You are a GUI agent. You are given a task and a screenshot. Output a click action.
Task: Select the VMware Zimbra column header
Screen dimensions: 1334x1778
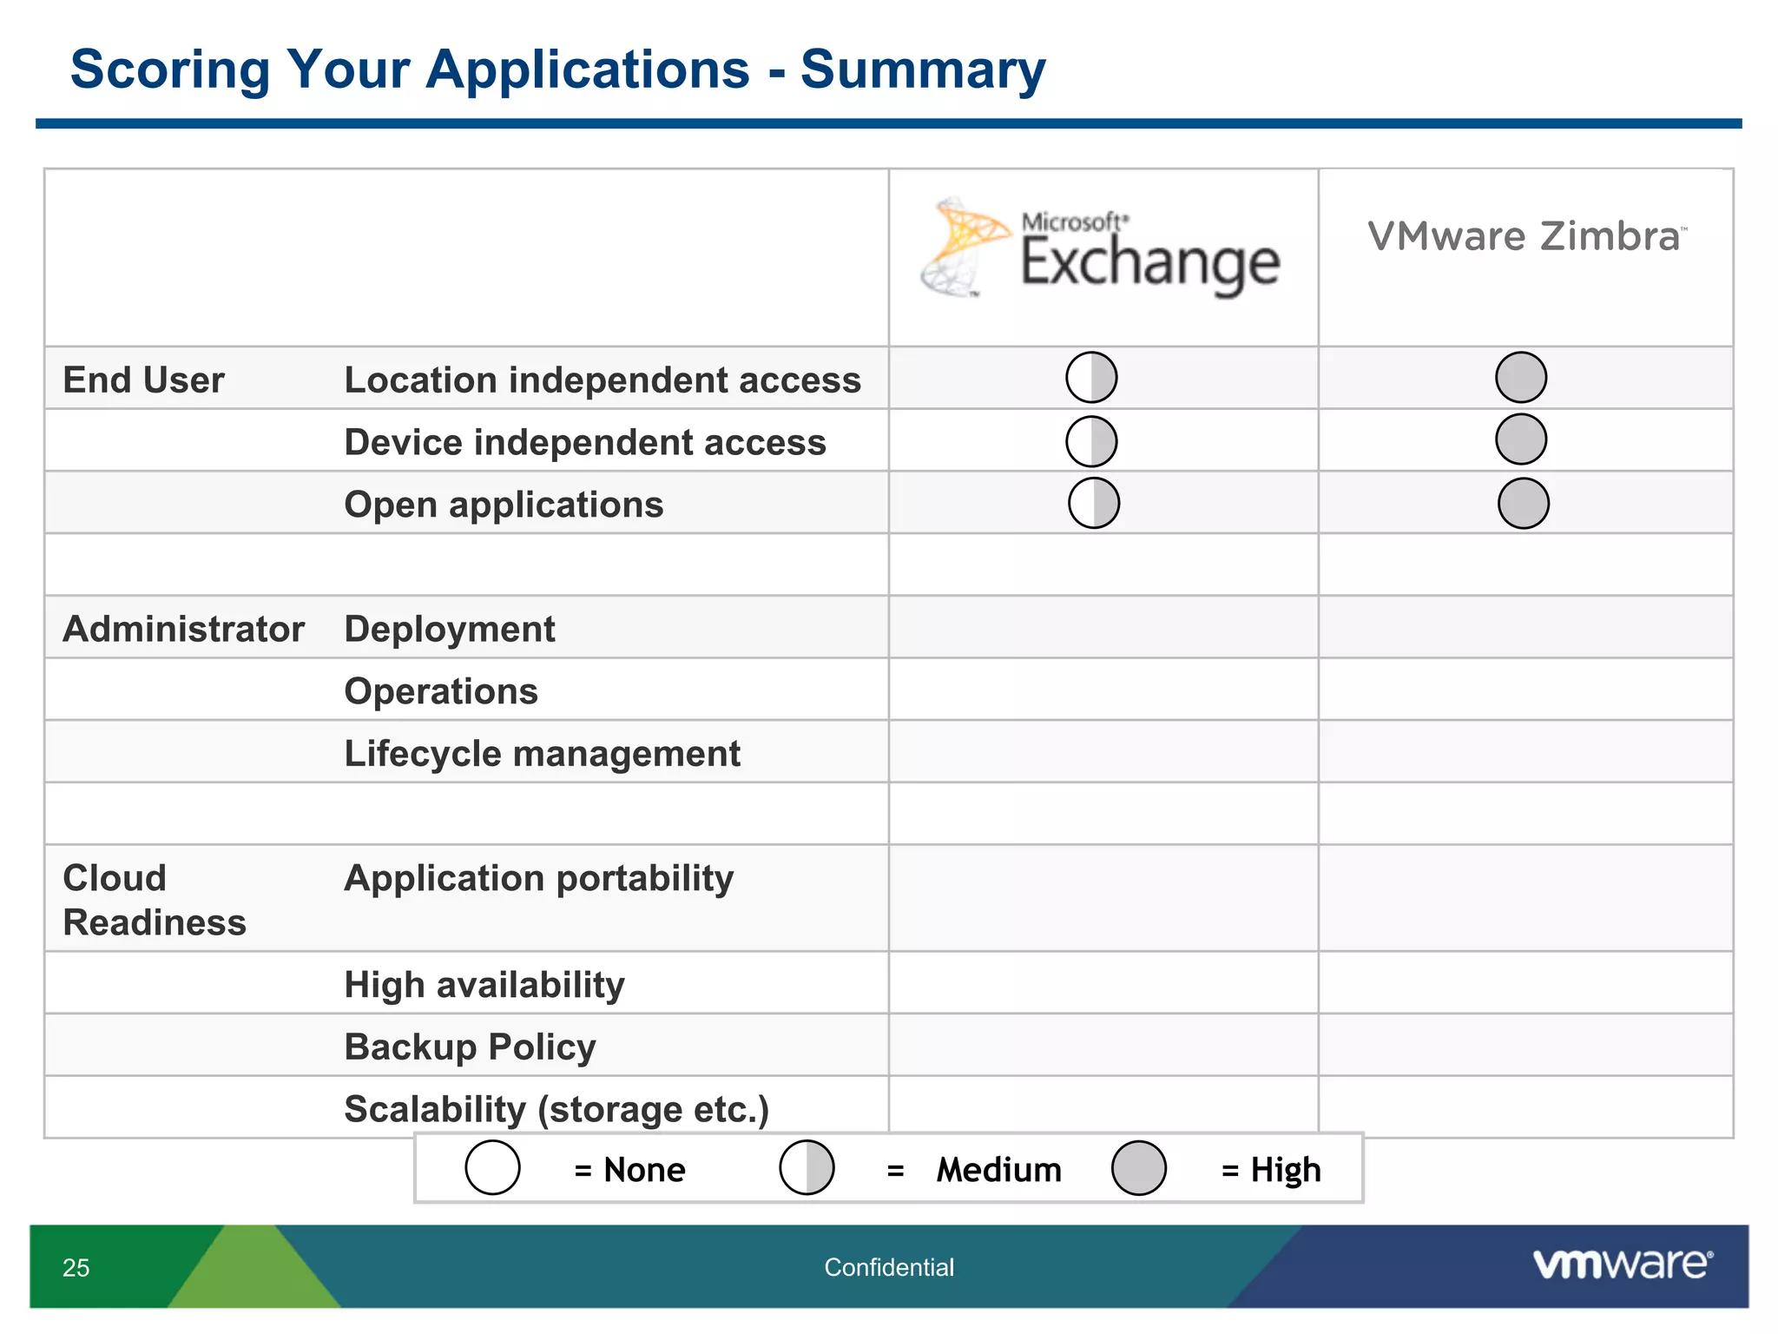coord(1525,236)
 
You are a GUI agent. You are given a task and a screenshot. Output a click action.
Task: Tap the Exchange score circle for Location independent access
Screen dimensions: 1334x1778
coord(1091,378)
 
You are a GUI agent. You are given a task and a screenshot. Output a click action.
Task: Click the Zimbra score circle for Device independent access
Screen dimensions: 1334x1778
coord(1521,439)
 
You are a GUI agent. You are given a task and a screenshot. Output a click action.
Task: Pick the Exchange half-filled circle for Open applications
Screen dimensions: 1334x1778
coord(1094,503)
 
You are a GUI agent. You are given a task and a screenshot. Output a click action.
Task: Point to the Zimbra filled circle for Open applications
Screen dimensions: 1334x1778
coord(1524,503)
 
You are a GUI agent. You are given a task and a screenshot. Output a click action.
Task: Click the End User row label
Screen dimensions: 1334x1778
coord(144,380)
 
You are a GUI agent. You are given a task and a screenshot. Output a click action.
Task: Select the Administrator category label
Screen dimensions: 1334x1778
coord(184,629)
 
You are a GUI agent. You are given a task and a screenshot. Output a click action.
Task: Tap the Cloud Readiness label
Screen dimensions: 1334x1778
coord(155,900)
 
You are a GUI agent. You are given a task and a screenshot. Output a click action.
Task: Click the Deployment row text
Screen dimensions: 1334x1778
coord(450,629)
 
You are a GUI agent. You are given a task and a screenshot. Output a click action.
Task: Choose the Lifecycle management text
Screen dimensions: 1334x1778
coord(542,754)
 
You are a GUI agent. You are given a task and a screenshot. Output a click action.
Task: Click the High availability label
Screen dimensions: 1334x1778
coord(484,985)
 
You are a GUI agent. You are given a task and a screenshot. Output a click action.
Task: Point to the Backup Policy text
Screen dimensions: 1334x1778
coord(470,1047)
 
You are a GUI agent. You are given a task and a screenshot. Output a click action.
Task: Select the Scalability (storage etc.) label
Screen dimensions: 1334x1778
coord(556,1109)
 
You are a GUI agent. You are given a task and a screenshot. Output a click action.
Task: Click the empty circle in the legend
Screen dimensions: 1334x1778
coord(492,1168)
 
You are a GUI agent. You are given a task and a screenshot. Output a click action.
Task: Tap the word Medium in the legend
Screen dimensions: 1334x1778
coord(998,1170)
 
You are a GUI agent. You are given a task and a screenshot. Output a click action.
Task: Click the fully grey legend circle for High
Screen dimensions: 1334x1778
coord(1138,1168)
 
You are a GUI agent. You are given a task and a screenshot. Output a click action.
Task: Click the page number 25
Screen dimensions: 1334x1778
coord(76,1268)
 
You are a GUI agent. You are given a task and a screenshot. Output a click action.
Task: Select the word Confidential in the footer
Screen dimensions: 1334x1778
coord(889,1268)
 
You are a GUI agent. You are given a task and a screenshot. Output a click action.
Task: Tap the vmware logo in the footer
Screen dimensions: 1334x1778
coord(1622,1264)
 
